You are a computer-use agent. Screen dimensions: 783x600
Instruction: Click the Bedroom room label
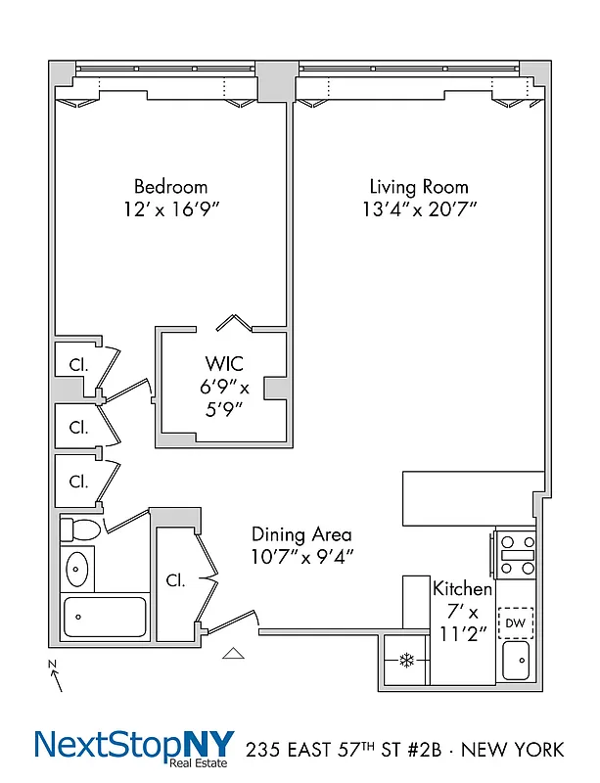[x=170, y=186]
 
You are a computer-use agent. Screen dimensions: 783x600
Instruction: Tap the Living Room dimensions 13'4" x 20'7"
[x=418, y=209]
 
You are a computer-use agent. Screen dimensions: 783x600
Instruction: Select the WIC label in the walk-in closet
[x=223, y=364]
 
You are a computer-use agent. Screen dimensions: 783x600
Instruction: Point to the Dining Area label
[x=301, y=534]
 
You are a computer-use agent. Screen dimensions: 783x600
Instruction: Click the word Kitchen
[x=462, y=588]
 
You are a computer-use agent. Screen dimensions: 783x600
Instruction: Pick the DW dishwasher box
[x=515, y=622]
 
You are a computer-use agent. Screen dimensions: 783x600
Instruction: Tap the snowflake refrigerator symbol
[x=405, y=661]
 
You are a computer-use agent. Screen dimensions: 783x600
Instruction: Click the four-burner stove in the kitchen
[x=516, y=554]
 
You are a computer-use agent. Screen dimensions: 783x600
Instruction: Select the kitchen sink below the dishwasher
[x=516, y=661]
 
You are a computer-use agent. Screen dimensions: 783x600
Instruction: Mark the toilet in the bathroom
[x=80, y=530]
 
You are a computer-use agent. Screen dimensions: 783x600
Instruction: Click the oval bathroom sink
[x=76, y=568]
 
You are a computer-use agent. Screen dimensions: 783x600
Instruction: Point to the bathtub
[x=105, y=617]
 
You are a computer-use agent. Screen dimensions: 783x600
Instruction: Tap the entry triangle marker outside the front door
[x=234, y=653]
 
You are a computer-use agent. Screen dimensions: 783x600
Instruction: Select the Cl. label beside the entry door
[x=176, y=579]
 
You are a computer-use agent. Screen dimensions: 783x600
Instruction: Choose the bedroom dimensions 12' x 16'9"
[x=170, y=209]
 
